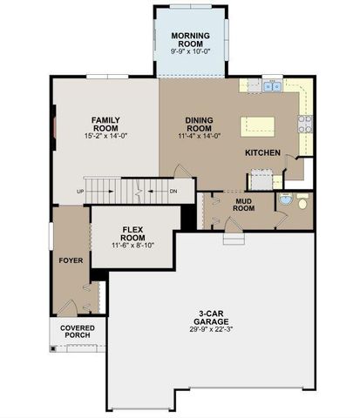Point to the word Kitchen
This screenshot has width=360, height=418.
(x=262, y=152)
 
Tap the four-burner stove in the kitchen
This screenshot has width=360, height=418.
(x=305, y=122)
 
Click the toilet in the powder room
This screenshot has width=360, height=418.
(x=302, y=202)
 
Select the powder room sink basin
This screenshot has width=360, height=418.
(x=284, y=199)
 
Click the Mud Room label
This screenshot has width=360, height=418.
(x=244, y=204)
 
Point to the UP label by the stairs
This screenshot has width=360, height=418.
(x=80, y=191)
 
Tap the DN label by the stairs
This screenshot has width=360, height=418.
(x=173, y=191)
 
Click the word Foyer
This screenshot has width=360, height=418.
(x=71, y=260)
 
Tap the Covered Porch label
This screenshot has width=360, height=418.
(x=78, y=333)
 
